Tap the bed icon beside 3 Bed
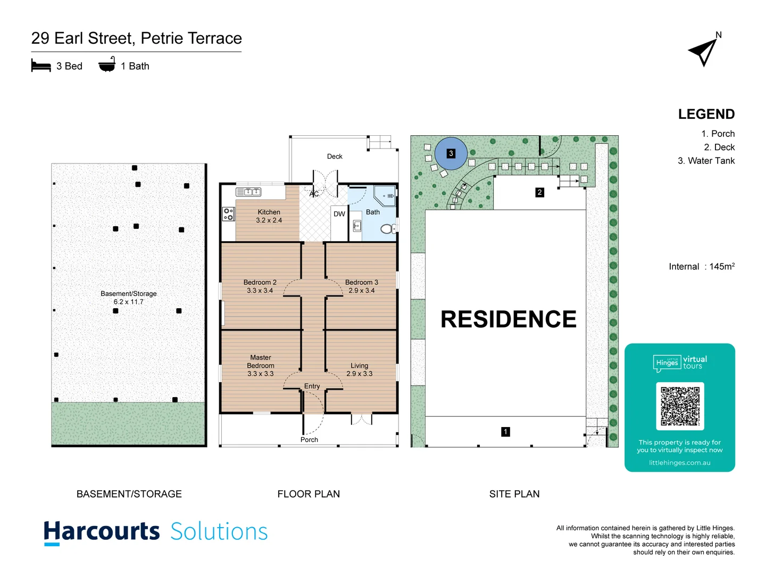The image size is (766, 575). tap(41, 66)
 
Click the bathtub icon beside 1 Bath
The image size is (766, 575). tap(107, 64)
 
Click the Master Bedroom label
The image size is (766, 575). tap(261, 365)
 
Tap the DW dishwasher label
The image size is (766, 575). tap(339, 214)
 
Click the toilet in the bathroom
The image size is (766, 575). tap(387, 229)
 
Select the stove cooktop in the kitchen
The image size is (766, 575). tap(228, 214)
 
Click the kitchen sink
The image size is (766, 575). tap(248, 192)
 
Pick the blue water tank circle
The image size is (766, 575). tap(451, 154)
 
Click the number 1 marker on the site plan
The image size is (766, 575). tap(505, 432)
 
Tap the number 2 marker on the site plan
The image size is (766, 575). tap(539, 192)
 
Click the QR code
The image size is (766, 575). tap(680, 406)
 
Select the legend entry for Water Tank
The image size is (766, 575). tap(706, 161)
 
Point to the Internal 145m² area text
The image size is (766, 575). tap(702, 267)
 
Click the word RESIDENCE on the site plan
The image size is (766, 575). tap(508, 319)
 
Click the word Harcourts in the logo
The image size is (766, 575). tap(102, 532)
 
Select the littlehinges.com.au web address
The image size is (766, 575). tap(679, 463)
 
